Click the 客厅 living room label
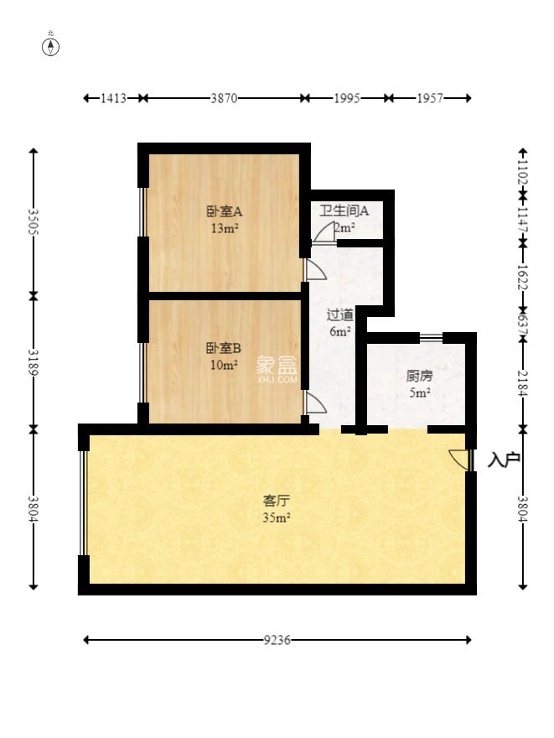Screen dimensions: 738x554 (x=277, y=501)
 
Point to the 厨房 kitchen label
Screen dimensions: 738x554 (x=419, y=376)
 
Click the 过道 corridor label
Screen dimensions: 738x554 (x=339, y=315)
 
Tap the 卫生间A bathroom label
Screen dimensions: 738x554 (x=339, y=210)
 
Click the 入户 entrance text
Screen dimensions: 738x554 (x=504, y=460)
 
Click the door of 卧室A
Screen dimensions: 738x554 (x=315, y=269)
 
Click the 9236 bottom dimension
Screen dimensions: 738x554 (x=277, y=640)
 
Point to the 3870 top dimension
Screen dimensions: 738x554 (x=224, y=98)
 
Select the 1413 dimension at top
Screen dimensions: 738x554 (x=112, y=98)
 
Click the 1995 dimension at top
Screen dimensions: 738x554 (x=346, y=98)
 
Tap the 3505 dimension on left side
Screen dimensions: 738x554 (x=34, y=222)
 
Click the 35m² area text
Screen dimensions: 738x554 (x=277, y=517)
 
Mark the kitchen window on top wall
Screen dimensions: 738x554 (x=431, y=337)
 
